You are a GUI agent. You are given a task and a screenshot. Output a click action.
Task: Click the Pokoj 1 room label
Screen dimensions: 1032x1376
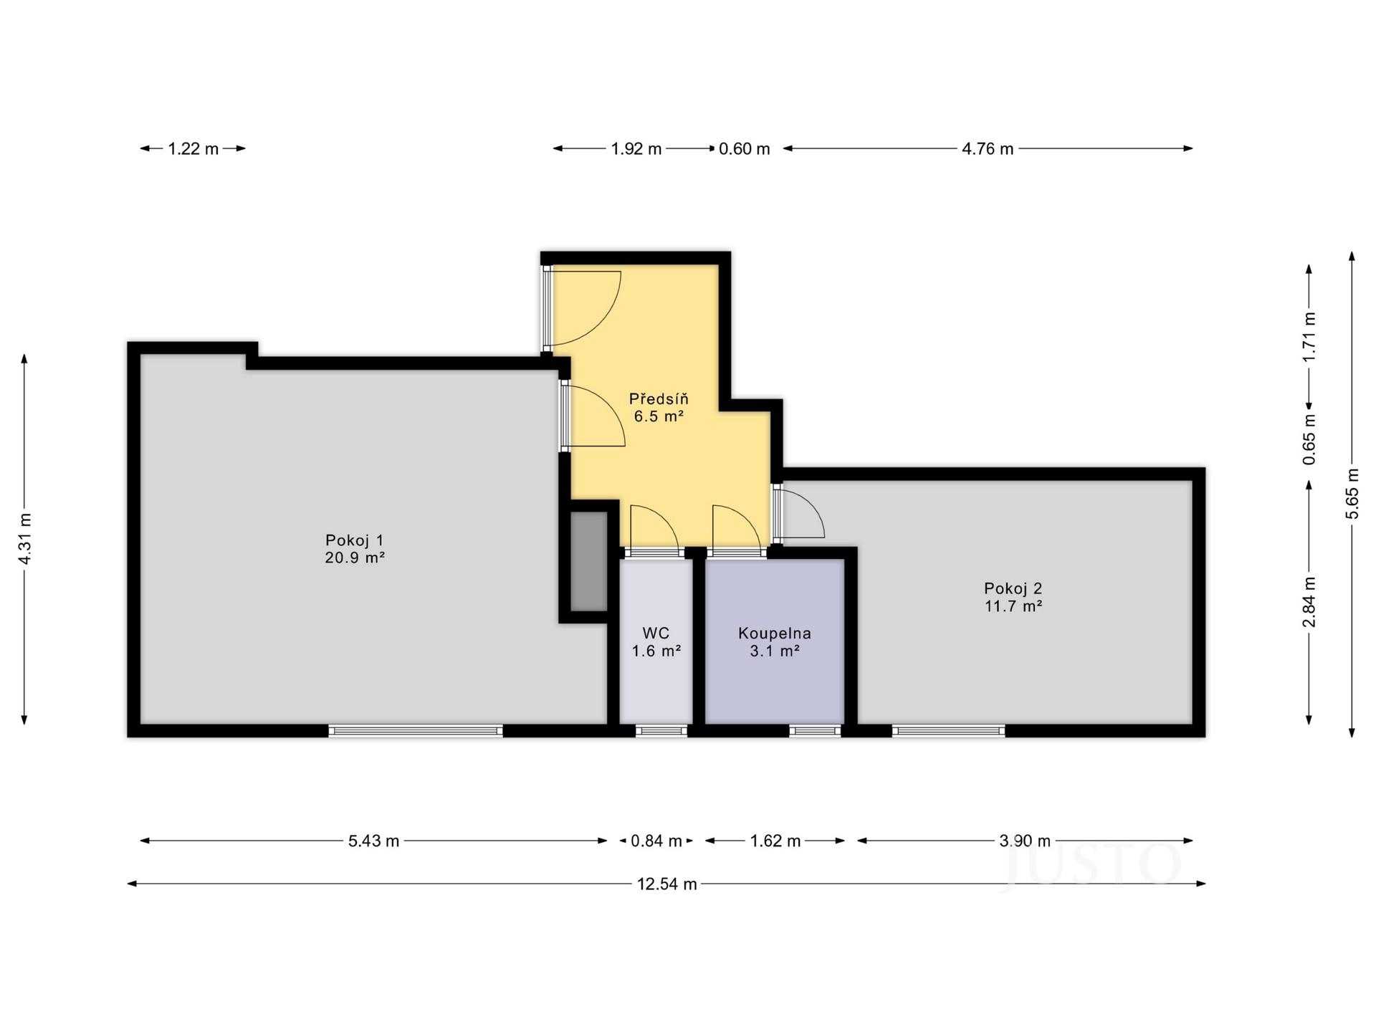pyautogui.click(x=355, y=540)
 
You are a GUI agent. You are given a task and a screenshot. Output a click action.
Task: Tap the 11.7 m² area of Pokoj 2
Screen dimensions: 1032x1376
pyautogui.click(x=1013, y=606)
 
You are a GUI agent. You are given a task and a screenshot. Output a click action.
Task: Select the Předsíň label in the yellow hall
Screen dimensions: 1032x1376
pyautogui.click(x=658, y=398)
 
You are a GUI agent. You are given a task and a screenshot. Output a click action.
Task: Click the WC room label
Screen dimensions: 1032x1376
pyautogui.click(x=656, y=634)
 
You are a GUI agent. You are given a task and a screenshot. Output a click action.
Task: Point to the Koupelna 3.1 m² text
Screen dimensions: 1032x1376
pyautogui.click(x=774, y=642)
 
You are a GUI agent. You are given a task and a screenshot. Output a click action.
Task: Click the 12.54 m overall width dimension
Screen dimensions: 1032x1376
pyautogui.click(x=666, y=884)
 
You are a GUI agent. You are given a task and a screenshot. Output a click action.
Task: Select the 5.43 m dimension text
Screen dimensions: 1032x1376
pyautogui.click(x=373, y=841)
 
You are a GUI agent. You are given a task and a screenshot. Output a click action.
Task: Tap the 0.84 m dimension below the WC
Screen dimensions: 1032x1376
pyautogui.click(x=656, y=841)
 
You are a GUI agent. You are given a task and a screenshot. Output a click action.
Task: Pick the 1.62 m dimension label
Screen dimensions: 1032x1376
pyautogui.click(x=775, y=841)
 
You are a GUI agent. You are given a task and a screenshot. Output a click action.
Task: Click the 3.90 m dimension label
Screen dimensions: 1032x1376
pyautogui.click(x=1025, y=841)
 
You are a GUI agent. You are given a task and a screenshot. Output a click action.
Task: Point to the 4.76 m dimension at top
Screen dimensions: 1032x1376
pyautogui.click(x=987, y=149)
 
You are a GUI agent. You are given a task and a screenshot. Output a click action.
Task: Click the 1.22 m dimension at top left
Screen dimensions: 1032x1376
pyautogui.click(x=193, y=149)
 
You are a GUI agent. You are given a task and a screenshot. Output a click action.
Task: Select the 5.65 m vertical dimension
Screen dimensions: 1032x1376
pyautogui.click(x=1352, y=494)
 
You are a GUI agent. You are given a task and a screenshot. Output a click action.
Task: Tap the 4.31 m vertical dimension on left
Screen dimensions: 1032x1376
pyautogui.click(x=25, y=539)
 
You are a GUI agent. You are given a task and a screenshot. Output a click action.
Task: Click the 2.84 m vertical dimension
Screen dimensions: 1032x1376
pyautogui.click(x=1309, y=602)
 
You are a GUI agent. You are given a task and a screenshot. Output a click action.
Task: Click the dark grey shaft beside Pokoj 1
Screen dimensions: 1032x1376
pyautogui.click(x=588, y=561)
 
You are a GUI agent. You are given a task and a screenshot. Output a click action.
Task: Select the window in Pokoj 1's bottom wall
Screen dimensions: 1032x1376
pyautogui.click(x=416, y=731)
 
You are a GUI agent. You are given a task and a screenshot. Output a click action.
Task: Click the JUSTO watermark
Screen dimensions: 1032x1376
pyautogui.click(x=1093, y=865)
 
